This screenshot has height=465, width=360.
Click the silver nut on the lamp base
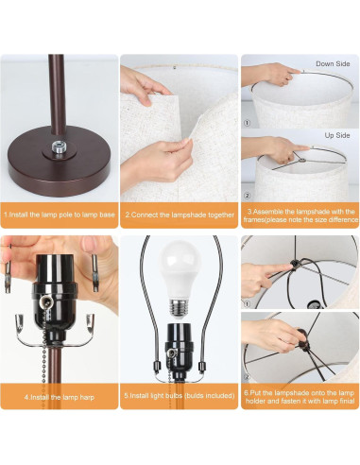tap(60, 147)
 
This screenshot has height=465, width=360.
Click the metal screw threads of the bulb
tap(180, 308)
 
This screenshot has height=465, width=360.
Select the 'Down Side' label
tap(333, 63)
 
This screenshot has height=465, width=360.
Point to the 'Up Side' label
tap(337, 135)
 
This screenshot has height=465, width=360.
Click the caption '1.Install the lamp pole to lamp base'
tap(60, 215)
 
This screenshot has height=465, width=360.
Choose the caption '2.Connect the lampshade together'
tap(180, 215)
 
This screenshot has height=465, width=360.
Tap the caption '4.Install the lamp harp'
tap(60, 397)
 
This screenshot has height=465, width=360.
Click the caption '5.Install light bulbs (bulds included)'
tap(180, 395)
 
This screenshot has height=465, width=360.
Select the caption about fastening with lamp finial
tap(300, 397)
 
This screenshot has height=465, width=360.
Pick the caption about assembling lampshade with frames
tap(300, 215)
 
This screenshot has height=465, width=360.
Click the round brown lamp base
tap(60, 162)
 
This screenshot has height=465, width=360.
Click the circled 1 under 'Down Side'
tap(248, 123)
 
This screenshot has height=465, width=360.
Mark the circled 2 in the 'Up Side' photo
tap(248, 196)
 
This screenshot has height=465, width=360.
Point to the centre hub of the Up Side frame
tap(302, 160)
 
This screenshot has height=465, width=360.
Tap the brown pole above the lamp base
tap(58, 94)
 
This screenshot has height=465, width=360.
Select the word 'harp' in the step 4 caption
tap(87, 397)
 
